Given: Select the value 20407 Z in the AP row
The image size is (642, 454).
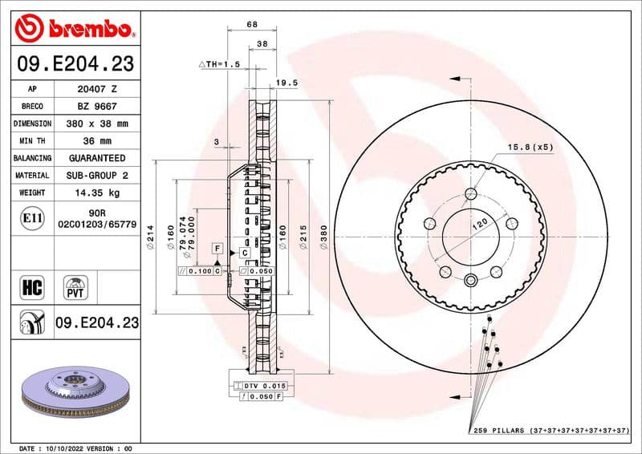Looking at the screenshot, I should click(96, 89).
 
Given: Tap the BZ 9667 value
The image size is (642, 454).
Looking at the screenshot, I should click(96, 107).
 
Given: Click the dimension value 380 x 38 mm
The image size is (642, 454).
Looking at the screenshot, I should click(96, 124).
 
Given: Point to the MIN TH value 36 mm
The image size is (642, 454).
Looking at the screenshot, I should click(96, 141).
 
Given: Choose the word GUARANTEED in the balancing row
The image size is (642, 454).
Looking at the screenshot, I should click(96, 158).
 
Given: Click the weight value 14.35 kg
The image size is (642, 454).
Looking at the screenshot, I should click(96, 193).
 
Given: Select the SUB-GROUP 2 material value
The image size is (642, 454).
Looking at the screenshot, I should click(96, 175).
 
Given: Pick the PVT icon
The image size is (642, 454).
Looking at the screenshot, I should click(77, 286).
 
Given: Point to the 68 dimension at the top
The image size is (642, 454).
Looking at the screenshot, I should click(252, 24).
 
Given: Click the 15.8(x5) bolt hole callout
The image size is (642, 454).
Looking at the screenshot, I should click(530, 147).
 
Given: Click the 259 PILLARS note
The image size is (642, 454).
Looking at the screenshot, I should click(549, 431).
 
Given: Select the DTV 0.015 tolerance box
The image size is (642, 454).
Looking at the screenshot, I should click(263, 386).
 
